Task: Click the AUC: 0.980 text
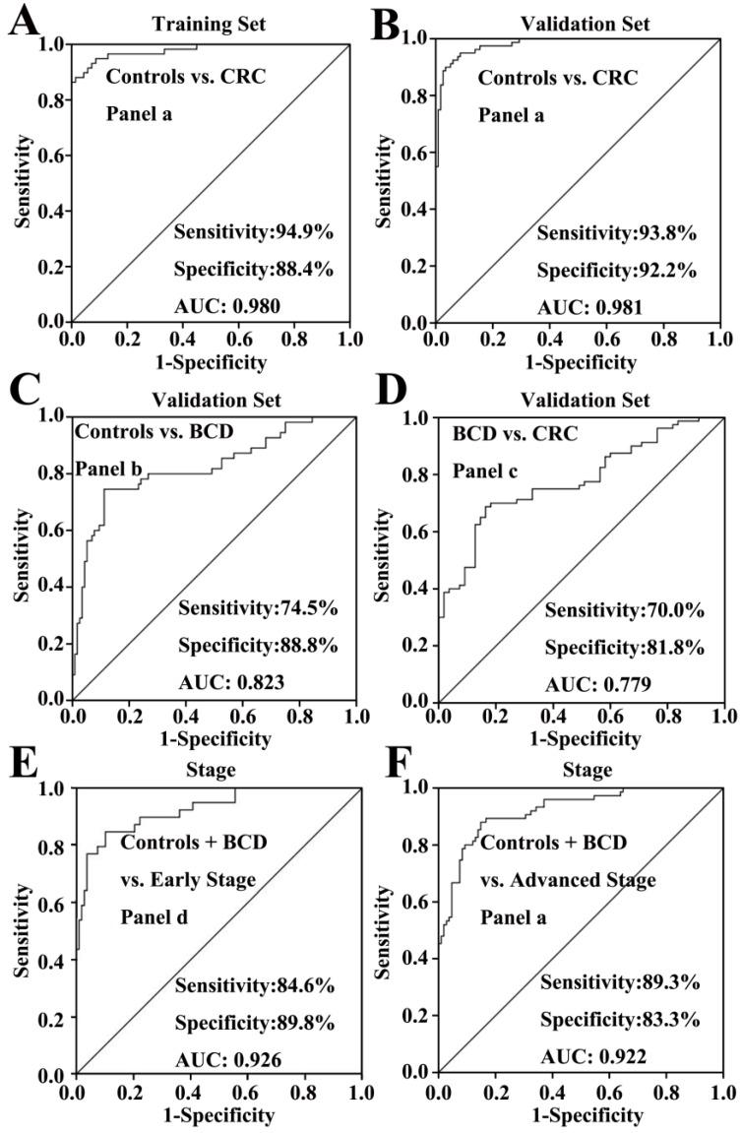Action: tap(226, 306)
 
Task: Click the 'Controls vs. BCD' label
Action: tap(140, 430)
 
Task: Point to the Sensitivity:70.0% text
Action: tap(624, 609)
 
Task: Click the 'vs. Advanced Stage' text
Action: tap(568, 879)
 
